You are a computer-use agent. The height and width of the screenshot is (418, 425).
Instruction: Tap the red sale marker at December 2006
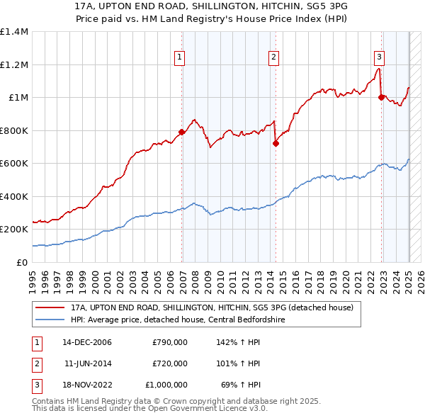[182, 132]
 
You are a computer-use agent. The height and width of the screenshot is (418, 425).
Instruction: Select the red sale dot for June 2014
[276, 143]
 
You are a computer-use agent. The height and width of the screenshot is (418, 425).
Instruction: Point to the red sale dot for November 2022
[381, 98]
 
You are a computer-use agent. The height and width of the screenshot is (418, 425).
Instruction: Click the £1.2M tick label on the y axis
[14, 64]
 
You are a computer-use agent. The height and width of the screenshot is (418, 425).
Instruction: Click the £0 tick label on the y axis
[22, 262]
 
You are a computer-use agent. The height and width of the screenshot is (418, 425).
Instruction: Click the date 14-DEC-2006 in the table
[87, 342]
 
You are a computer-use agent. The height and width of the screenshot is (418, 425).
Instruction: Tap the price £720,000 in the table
[170, 363]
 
